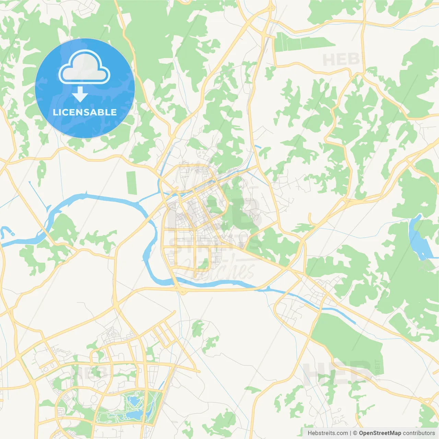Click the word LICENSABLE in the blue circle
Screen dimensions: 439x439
pos(85,112)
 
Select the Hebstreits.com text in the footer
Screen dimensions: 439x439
pos(328,433)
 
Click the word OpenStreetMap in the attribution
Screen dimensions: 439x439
pos(380,433)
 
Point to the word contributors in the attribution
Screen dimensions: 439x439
pos(419,433)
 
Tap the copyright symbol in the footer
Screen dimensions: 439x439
pos(355,433)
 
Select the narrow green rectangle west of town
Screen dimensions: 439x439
pos(131,182)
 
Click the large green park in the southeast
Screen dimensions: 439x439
pos(350,343)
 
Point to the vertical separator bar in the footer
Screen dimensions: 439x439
pos(351,433)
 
